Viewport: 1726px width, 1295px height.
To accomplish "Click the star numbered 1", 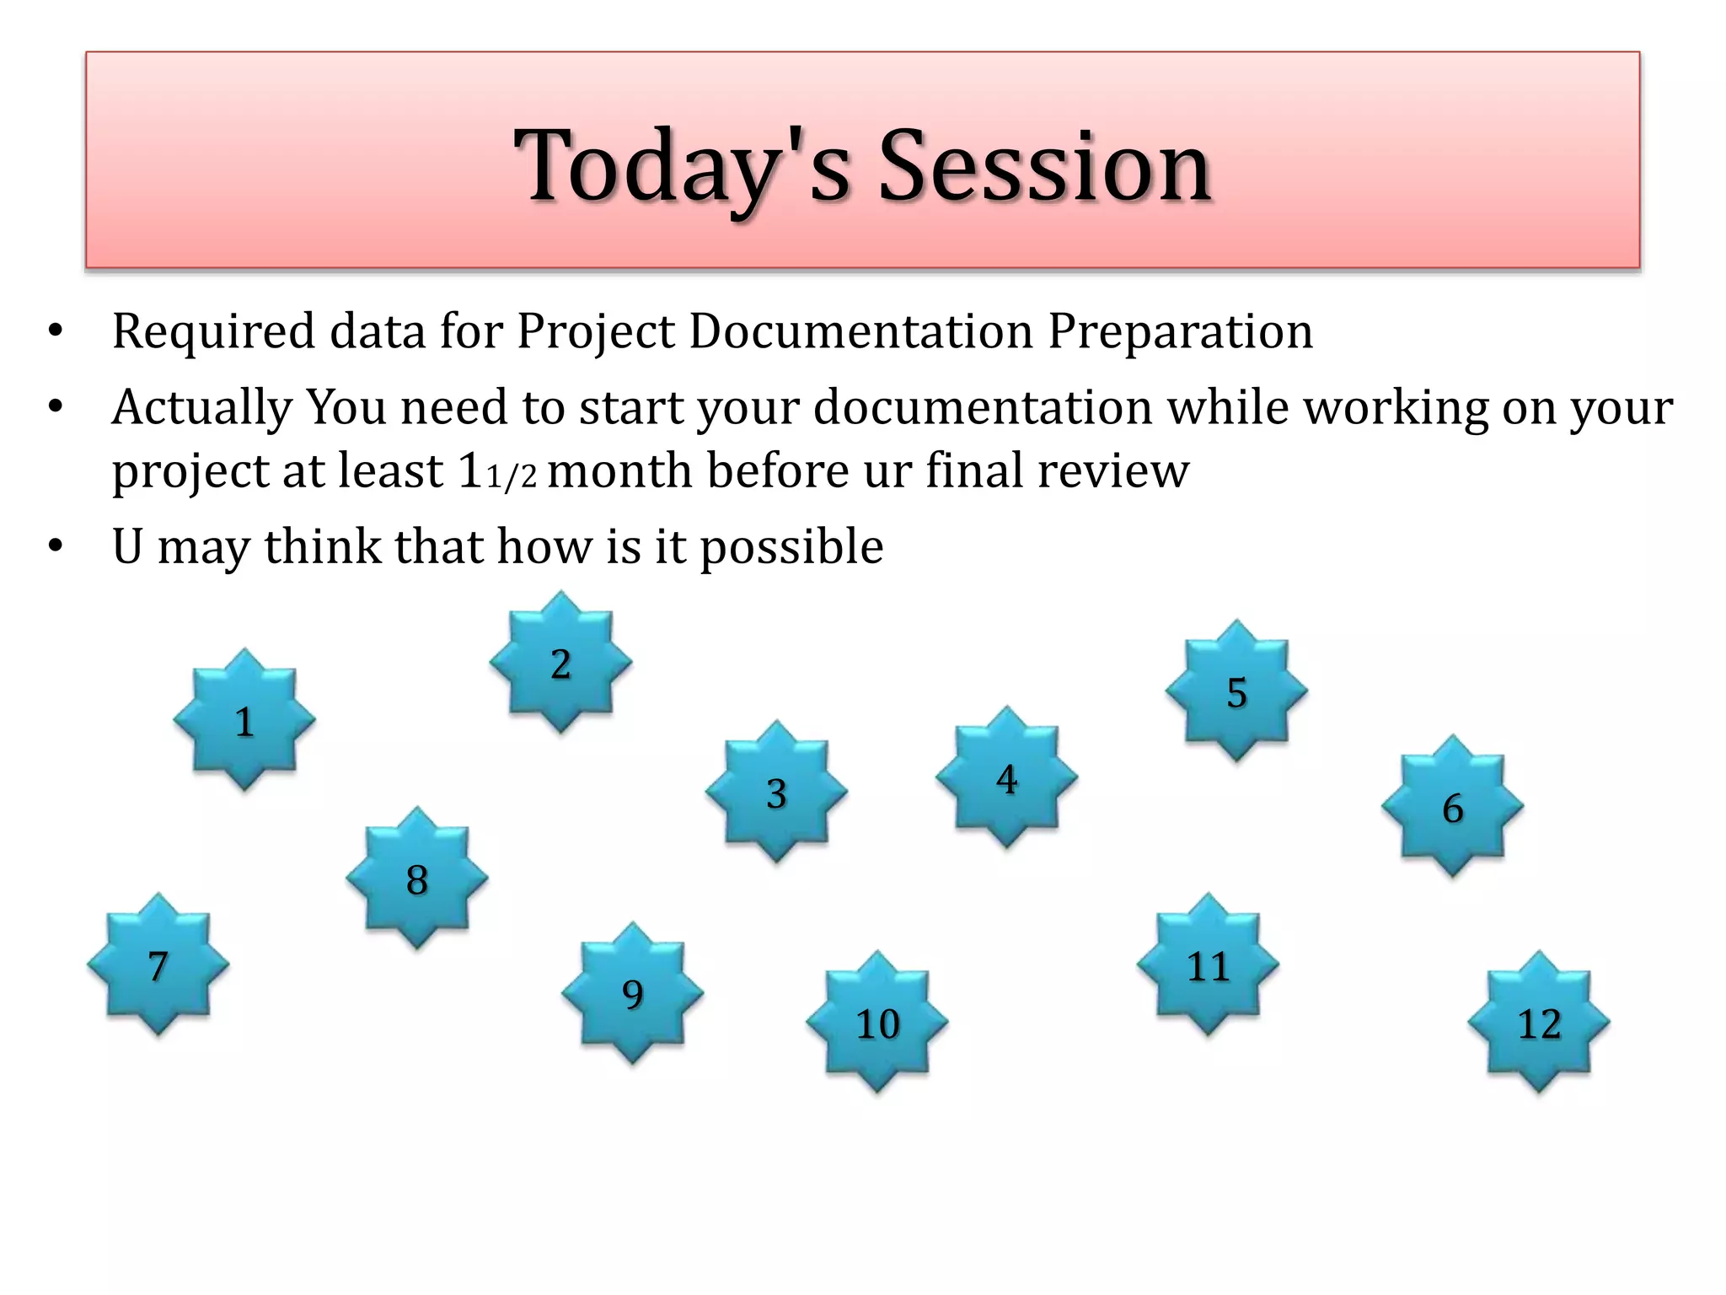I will [244, 721].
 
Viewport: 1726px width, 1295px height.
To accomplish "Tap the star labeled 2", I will [560, 663].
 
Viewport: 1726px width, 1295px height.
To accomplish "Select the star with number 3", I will [776, 793].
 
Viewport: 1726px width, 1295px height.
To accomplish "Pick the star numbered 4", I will [1006, 778].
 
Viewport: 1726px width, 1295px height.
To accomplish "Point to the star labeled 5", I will [1236, 691].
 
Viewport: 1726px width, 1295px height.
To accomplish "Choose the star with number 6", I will [1452, 807].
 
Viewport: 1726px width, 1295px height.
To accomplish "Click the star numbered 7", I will [158, 965].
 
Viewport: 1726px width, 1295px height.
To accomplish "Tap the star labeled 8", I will [416, 879].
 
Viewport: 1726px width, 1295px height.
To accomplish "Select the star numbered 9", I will [632, 993].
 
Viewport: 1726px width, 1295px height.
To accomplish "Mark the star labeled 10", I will [877, 1023].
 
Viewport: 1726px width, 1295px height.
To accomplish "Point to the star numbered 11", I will [1208, 965].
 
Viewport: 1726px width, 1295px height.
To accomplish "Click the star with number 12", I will [1539, 1023].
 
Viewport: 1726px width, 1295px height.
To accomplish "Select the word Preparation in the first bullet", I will [1180, 331].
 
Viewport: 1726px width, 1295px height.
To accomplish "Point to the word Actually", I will [202, 409].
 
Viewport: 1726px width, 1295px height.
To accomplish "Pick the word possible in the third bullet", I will [792, 548].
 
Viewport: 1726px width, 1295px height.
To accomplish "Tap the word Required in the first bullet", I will [214, 331].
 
